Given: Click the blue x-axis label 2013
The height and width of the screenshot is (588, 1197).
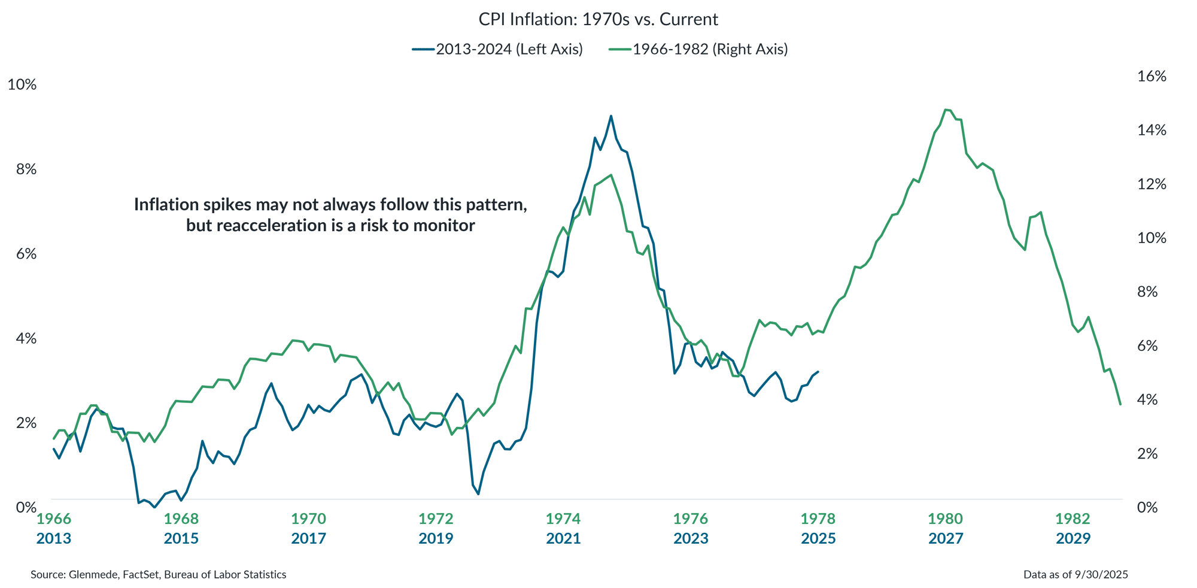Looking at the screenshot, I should tap(53, 539).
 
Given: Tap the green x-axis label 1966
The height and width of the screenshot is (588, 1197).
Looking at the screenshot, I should tap(54, 519).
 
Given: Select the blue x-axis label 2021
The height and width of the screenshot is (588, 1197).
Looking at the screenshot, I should tap(563, 539).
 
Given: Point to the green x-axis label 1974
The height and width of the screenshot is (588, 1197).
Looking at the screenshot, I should tap(563, 519).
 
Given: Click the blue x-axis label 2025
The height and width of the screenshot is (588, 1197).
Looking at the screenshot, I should tap(818, 539).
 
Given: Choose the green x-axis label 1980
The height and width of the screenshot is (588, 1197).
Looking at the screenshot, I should tap(946, 519).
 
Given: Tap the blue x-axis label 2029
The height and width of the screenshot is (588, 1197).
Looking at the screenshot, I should tap(1073, 539).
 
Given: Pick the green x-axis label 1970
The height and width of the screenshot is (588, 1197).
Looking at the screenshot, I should tap(308, 519).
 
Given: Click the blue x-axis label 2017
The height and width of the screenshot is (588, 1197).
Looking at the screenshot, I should tap(308, 539).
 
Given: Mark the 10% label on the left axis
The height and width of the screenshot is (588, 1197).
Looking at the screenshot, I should tap(22, 85).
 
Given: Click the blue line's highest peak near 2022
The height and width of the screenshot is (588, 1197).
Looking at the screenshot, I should tap(610, 116).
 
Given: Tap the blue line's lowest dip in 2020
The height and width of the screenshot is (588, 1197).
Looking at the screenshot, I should tap(478, 493).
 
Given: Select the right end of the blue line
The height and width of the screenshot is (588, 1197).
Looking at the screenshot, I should tap(818, 371).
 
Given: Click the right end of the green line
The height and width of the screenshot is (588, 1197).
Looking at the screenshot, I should tap(1120, 404).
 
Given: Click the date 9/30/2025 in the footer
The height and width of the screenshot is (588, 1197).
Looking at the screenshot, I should tap(1101, 575).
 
